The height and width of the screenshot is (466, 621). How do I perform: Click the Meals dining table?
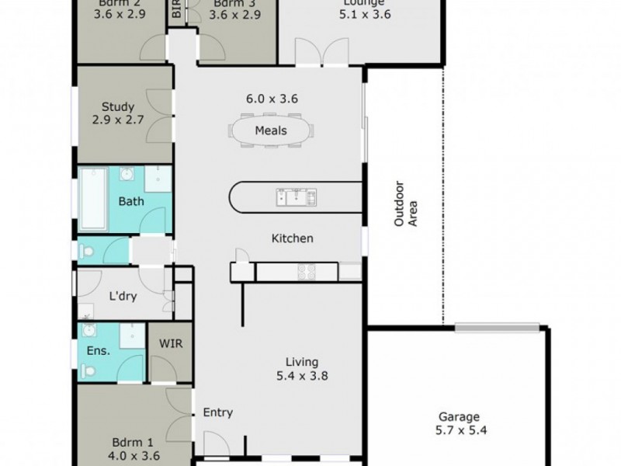pos(271,130)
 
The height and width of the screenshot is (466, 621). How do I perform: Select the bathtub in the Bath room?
pos(93,199)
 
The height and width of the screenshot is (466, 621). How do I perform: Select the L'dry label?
pos(123,296)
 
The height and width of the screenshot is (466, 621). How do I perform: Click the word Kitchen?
pos(292,238)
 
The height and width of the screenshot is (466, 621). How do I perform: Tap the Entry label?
pos(218,413)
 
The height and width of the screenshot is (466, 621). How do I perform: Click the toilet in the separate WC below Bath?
pos(87,251)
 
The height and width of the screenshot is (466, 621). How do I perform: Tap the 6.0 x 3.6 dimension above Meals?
pos(272,99)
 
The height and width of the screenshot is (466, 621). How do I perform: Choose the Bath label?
pos(130,202)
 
